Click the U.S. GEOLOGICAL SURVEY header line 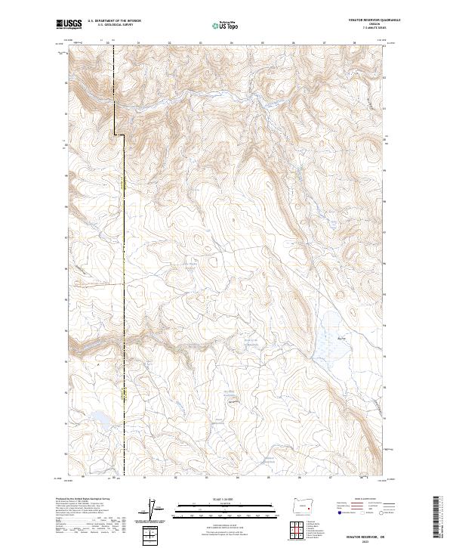[113, 26]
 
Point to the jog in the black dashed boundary [119, 135]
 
